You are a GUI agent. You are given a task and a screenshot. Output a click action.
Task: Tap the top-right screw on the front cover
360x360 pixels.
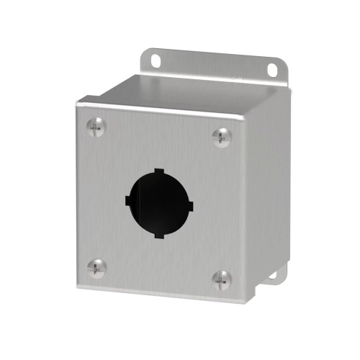(222, 134)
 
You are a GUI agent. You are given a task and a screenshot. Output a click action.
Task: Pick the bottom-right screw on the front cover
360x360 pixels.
(222, 277)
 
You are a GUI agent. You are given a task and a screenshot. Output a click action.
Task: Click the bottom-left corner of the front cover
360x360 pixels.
(77, 288)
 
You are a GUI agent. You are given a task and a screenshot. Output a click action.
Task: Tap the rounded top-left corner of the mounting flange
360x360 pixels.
(144, 51)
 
